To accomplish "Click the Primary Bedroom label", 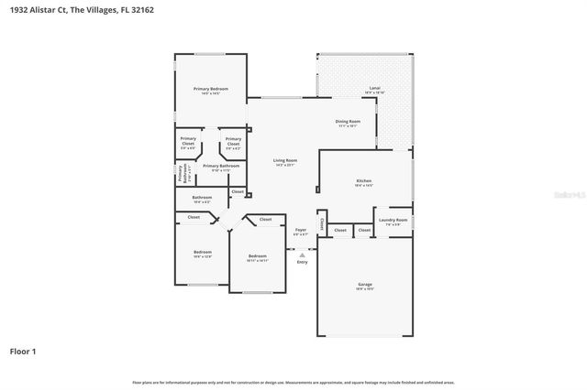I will coord(210,88).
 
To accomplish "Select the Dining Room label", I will coord(348,121).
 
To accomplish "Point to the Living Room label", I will coord(285,160).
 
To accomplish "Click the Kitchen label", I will coord(364,181).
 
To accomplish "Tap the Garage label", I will coord(365,285).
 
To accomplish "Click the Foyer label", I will coord(301,230).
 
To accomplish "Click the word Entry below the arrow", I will coord(303,263).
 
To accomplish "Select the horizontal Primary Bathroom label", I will coord(221,166).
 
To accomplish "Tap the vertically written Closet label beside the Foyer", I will coord(322,223).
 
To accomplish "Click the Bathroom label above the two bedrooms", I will coord(202,197).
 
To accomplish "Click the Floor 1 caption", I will coord(23,352).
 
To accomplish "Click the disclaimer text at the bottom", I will coord(293,382).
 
